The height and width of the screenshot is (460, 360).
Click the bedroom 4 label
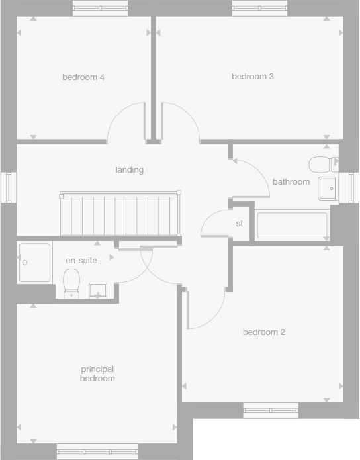coord(83,77)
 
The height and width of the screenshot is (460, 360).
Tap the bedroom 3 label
coord(252,77)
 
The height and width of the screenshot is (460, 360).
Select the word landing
coord(129,170)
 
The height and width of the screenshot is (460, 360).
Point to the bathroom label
coord(291,182)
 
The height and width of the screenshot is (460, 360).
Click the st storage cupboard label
coord(240,224)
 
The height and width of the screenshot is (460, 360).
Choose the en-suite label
coord(81,261)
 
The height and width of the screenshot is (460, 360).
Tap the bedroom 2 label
coord(263,332)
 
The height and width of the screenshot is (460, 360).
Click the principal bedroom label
coord(97,374)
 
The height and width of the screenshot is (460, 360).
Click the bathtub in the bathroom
coord(292,225)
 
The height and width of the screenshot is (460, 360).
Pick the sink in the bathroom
coord(328,189)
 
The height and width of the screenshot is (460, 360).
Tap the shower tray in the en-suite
coord(34,263)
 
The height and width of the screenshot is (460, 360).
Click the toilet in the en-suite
coord(71,284)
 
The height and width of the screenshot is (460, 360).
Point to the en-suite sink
coord(98,290)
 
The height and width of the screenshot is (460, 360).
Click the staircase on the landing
coord(119,214)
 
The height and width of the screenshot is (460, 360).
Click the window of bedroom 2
coord(270,410)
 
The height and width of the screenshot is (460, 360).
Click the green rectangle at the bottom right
coord(276,439)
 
